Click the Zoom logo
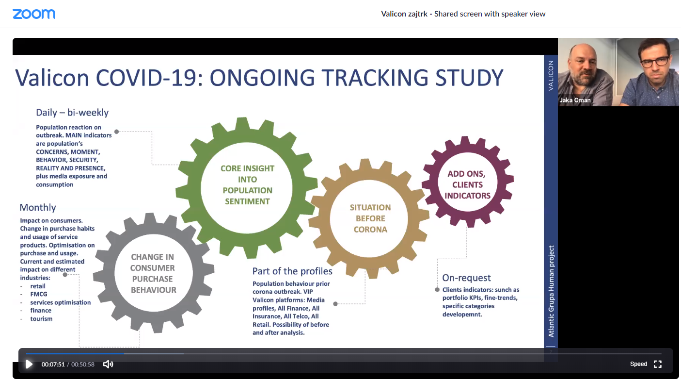[x=34, y=14]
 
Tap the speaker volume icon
[x=108, y=364]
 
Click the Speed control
[x=638, y=364]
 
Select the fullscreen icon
[x=658, y=364]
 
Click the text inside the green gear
[x=248, y=185]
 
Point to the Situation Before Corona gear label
[x=370, y=218]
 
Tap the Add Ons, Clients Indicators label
[x=467, y=184]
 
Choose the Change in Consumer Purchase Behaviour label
[x=153, y=273]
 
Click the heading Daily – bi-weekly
[x=72, y=113]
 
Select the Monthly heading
[x=38, y=207]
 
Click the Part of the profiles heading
[x=292, y=271]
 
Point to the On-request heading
[x=466, y=278]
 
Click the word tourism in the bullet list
[x=41, y=319]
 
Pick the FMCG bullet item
[x=39, y=294]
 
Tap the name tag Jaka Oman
[x=575, y=100]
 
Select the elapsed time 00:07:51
[x=53, y=365]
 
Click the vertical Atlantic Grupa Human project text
[x=551, y=291]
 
